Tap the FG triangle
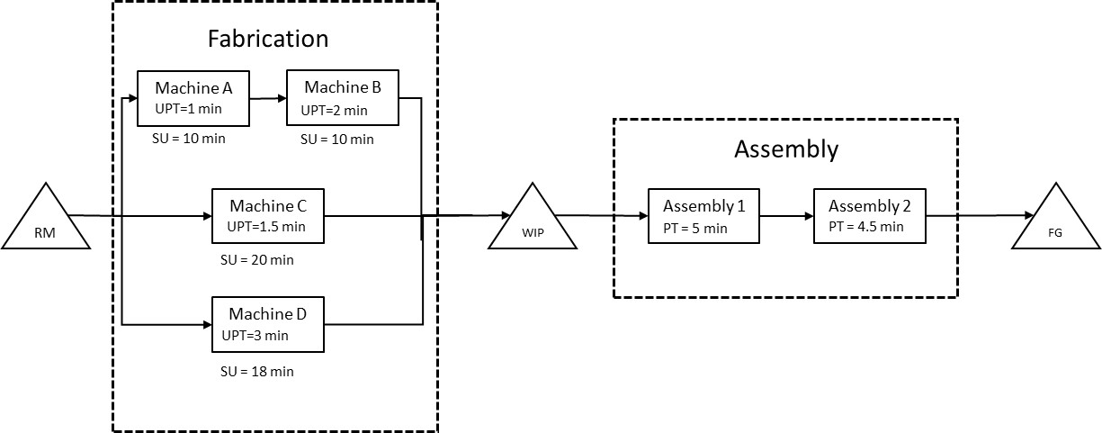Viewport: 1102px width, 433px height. point(1055,222)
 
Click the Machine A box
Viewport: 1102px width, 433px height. point(193,98)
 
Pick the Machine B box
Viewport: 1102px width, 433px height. point(342,98)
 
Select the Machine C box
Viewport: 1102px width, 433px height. point(267,215)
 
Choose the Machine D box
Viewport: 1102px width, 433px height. point(267,324)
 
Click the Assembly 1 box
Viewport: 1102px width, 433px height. point(703,216)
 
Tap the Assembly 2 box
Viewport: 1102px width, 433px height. point(870,216)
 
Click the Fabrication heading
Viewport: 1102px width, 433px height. point(268,40)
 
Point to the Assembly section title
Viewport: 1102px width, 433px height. point(785,149)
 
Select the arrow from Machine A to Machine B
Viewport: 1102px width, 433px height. point(267,98)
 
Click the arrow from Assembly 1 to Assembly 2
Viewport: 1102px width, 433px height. point(786,216)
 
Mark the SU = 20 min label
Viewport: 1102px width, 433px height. point(257,260)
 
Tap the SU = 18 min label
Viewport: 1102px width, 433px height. point(257,371)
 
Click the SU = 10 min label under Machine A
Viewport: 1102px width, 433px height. point(189,139)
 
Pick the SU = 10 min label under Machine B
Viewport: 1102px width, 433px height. point(337,140)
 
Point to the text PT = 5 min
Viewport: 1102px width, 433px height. point(688,229)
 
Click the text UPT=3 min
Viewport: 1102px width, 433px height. point(255,335)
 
